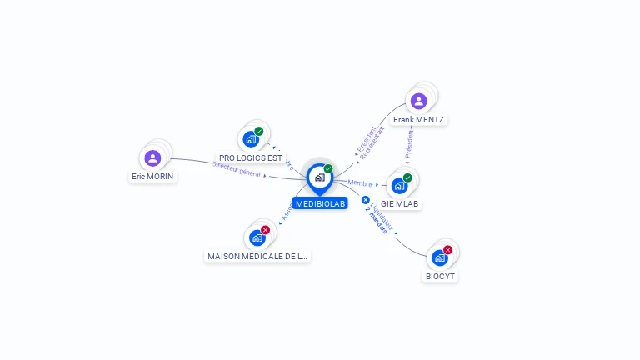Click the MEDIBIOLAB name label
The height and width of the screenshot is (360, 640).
pos(319,203)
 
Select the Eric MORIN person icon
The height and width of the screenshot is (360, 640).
pos(152,158)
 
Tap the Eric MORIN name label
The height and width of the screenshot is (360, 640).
pos(152,177)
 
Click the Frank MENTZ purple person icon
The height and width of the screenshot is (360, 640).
pos(418,102)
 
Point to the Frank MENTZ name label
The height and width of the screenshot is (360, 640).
pos(418,120)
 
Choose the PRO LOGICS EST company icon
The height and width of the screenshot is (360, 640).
pos(250,139)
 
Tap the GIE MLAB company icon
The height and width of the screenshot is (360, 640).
pos(399,185)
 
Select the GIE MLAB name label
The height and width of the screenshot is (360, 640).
pos(400,203)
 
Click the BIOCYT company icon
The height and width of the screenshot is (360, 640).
pos(439,257)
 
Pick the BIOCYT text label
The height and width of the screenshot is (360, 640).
pos(441,276)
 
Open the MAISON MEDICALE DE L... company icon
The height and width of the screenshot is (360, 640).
pos(257,237)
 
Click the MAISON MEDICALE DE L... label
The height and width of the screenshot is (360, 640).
pos(257,257)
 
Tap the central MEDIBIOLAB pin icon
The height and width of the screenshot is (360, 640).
pos(319,177)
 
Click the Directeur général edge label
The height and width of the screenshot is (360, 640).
pos(237,169)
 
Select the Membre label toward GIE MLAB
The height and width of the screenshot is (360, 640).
pos(360,182)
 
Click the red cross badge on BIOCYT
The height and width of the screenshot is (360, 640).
pos(447,249)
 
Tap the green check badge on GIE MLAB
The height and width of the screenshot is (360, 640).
pos(407,177)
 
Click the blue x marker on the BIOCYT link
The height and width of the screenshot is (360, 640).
pos(365,199)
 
